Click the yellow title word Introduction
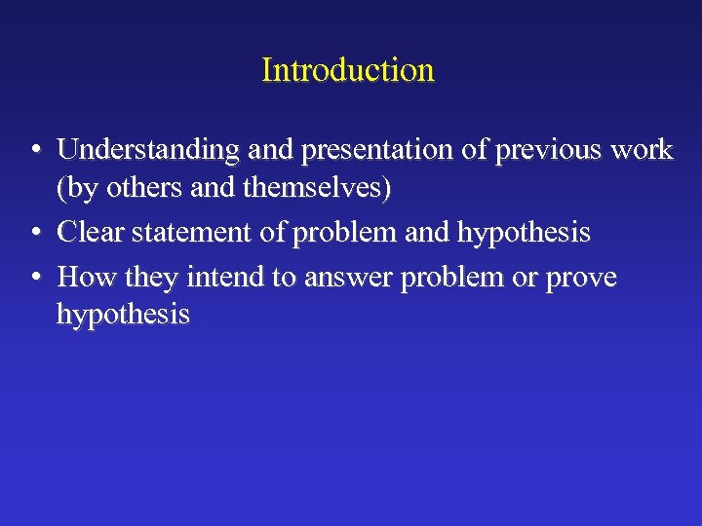(348, 70)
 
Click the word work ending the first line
(643, 150)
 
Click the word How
(88, 278)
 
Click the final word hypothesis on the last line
(123, 316)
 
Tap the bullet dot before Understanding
(34, 151)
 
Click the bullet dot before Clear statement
(34, 234)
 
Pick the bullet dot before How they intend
(34, 279)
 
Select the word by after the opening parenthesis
(82, 190)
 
